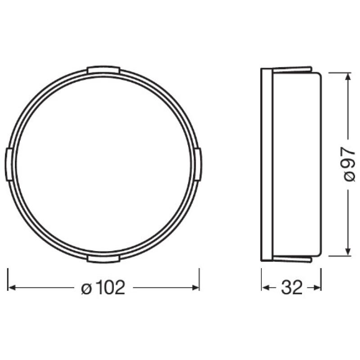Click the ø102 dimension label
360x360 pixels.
pos(103,287)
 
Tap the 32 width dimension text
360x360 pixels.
pos(292,287)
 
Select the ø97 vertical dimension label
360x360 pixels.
pos(349,164)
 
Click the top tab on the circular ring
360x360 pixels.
pos(103,70)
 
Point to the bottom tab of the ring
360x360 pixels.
pos(103,258)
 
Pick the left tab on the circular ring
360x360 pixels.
pos(9,164)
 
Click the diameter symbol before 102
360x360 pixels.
pos(86,288)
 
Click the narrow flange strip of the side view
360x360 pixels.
pos(267,164)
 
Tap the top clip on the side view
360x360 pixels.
pos(292,70)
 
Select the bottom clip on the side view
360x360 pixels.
pos(292,258)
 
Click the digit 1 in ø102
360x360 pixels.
pos(98,287)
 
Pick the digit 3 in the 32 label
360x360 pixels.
pos(286,287)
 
